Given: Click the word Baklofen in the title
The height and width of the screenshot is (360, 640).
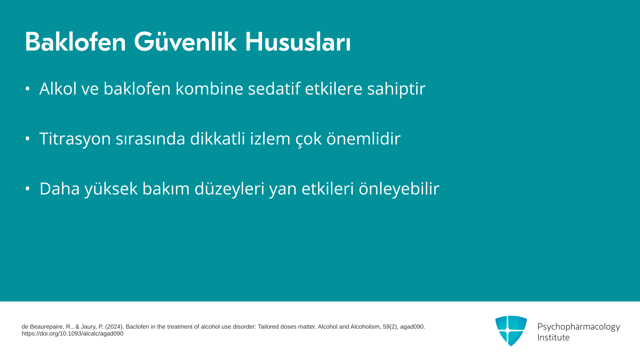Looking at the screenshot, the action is pyautogui.click(x=75, y=42).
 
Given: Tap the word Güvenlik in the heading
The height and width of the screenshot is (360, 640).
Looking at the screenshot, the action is pyautogui.click(x=185, y=42).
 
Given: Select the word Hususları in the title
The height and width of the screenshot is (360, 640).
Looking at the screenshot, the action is pyautogui.click(x=298, y=42).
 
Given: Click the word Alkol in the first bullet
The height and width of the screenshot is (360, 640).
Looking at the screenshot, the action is pyautogui.click(x=58, y=88).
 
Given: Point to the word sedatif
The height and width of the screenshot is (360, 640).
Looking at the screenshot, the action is pyautogui.click(x=274, y=88).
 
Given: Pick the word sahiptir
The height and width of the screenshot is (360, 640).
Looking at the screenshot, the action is pyautogui.click(x=396, y=89).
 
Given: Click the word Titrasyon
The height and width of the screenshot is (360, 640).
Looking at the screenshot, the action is pyautogui.click(x=75, y=139).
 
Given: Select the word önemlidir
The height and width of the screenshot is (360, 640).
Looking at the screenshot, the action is pyautogui.click(x=364, y=138).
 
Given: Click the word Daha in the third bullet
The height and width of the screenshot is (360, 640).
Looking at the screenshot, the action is pyautogui.click(x=60, y=189).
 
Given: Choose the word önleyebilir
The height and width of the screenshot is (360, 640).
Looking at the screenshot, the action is pyautogui.click(x=399, y=189).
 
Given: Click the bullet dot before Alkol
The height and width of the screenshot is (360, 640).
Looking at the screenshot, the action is pyautogui.click(x=28, y=89).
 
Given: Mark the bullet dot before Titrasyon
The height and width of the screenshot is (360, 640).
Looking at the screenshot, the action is pyautogui.click(x=28, y=139).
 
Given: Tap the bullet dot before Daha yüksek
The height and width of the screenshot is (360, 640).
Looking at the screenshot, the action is pyautogui.click(x=28, y=189).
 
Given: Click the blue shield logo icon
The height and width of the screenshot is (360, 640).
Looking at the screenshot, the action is pyautogui.click(x=511, y=331).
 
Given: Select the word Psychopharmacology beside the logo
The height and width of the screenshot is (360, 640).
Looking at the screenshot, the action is pyautogui.click(x=579, y=327).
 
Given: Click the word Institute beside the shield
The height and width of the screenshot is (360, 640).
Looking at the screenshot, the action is pyautogui.click(x=553, y=337).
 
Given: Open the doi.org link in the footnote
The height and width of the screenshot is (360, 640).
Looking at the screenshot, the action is pyautogui.click(x=72, y=334).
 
